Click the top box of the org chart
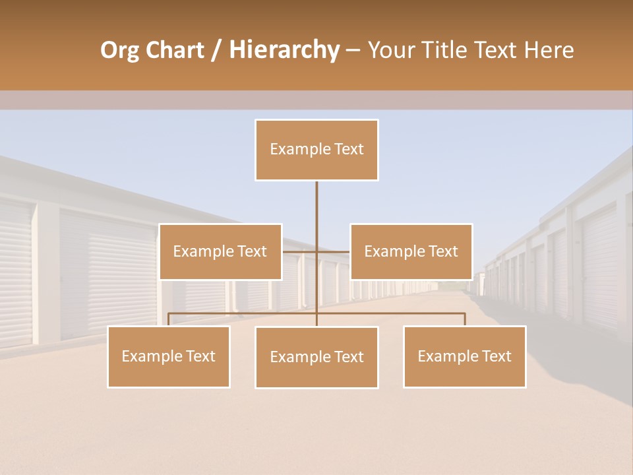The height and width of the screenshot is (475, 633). pos(316,150)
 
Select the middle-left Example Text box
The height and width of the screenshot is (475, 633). pos(220,251)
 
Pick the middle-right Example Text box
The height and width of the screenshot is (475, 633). pos(411,251)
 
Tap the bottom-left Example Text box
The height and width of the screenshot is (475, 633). pos(169,356)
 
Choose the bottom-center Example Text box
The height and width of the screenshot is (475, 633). pos(316,357)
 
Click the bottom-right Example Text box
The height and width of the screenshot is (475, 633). pos(464,356)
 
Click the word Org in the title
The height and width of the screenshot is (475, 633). pos(119,51)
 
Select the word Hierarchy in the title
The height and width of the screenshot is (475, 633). pos(284,51)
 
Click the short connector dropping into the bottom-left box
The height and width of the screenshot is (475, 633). pos(169,319)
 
